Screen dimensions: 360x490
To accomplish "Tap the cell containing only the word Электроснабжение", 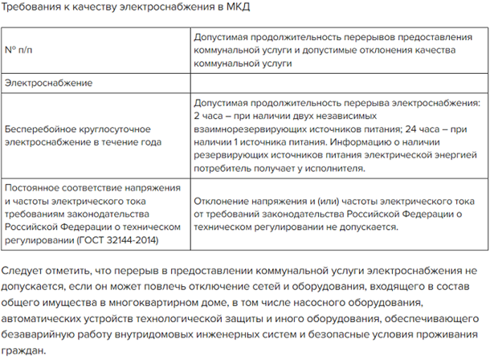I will click(x=49, y=83).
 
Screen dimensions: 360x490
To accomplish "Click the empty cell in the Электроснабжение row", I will click(x=338, y=83).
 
